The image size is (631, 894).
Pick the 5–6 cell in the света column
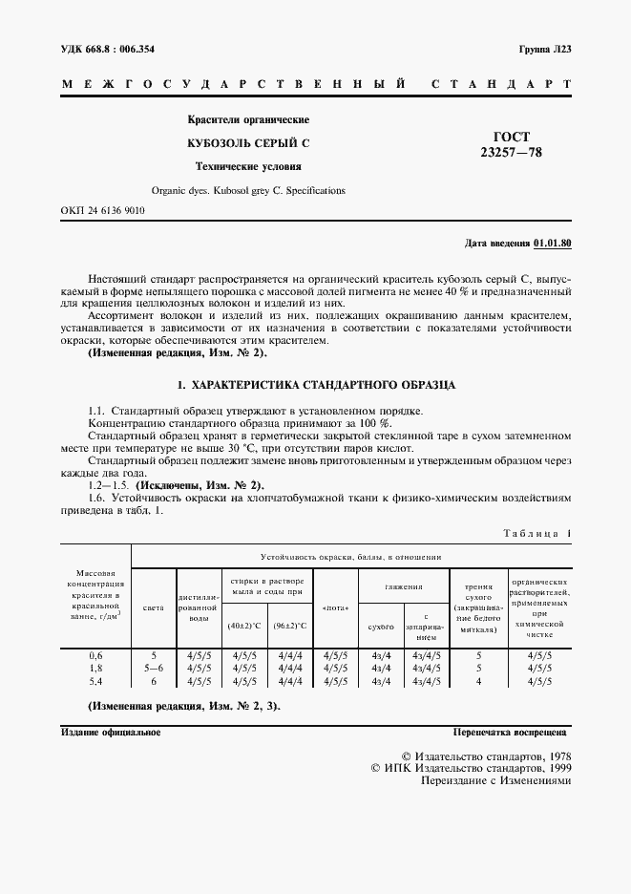(153, 669)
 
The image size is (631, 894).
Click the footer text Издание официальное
(111, 733)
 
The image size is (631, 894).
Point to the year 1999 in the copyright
(554, 766)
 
